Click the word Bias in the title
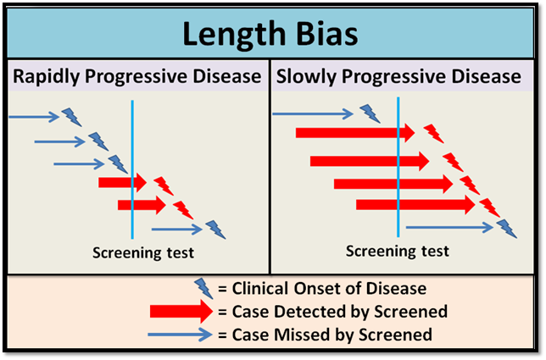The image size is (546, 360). pos(323,35)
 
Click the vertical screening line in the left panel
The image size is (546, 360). pos(133,169)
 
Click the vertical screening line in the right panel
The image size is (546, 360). pos(398,169)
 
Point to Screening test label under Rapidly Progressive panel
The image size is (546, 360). pos(143,252)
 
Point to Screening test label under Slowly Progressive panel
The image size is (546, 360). pos(398,252)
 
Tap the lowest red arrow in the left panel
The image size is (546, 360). pos(141,204)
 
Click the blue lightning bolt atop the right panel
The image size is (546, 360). pos(370,114)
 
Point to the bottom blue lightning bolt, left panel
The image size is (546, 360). pos(216,229)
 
